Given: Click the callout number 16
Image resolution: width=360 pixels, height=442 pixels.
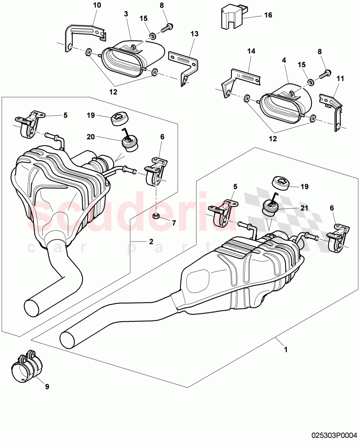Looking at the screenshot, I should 268,15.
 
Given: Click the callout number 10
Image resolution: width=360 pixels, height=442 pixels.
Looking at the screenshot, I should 97,5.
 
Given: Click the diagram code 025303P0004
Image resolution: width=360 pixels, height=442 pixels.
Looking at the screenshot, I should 333,434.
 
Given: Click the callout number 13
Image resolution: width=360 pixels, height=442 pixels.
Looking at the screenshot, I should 194,34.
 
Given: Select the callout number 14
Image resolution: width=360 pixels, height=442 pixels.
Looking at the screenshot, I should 251,51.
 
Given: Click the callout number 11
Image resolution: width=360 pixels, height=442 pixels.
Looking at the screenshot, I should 340,79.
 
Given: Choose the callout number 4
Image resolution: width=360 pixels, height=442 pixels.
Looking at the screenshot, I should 284,60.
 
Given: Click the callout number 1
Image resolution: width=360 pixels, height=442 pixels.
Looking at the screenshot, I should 286,350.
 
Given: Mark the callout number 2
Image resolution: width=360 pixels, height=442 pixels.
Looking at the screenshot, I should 151,241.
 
